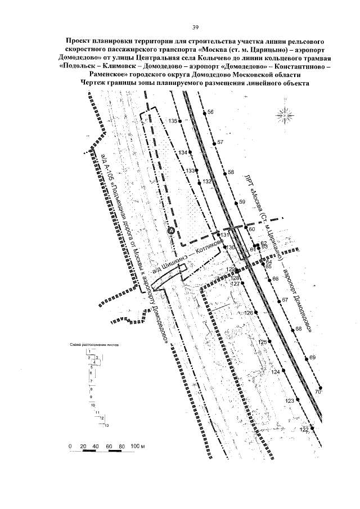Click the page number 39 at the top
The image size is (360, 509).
point(196,28)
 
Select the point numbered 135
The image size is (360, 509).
point(180,125)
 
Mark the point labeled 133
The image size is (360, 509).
point(197,171)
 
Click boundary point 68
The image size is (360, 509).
point(291,328)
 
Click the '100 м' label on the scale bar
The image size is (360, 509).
point(138,446)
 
